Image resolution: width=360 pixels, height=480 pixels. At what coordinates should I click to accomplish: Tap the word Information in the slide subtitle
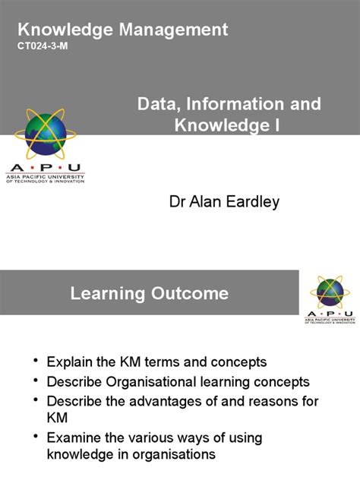pyautogui.click(x=229, y=103)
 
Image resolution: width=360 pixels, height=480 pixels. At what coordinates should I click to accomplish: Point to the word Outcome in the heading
pyautogui.click(x=189, y=293)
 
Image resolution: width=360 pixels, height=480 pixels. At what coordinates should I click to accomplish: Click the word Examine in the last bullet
pyautogui.click(x=74, y=437)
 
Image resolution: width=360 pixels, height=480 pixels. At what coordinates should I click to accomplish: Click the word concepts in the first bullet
pyautogui.click(x=235, y=362)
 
